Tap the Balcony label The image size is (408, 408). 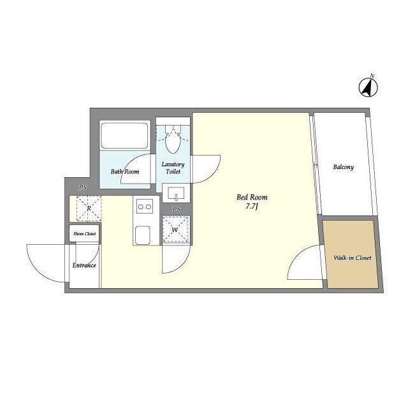tap(343, 167)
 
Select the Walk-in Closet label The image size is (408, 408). tap(353, 258)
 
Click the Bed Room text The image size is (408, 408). tap(252, 197)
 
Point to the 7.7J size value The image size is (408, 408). tap(252, 207)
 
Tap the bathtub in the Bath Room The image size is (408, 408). tap(125, 136)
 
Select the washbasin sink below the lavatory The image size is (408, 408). tap(176, 193)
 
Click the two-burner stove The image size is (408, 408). tap(145, 207)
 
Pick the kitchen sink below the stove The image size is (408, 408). tap(142, 235)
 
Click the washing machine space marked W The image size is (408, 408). tap(175, 229)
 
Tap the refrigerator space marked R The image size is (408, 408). tap(89, 208)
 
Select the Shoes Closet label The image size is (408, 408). tap(85, 234)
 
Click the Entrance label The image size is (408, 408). tap(84, 265)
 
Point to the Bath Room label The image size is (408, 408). tap(125, 171)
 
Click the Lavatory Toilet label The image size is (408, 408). tap(173, 168)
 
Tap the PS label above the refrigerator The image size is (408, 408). tap(83, 187)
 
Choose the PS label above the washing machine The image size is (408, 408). tap(177, 209)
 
